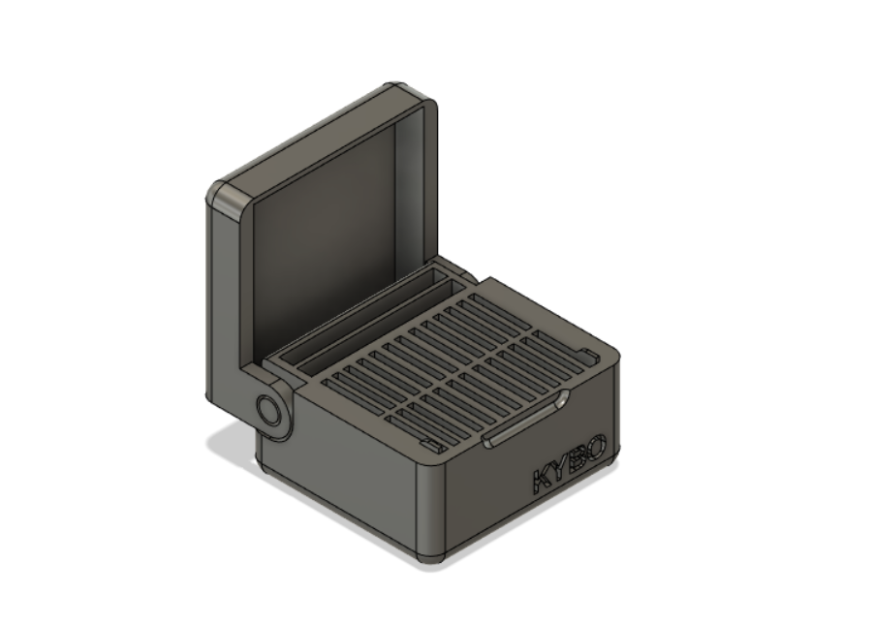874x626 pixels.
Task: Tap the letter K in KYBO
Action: tap(540, 482)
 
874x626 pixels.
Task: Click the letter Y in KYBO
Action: tap(558, 470)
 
